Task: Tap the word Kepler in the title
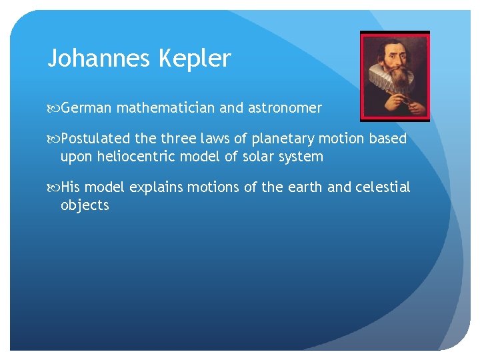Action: tap(195, 59)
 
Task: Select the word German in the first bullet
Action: tap(89, 107)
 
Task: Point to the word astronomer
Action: tap(289, 107)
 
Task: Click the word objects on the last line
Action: tap(85, 206)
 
